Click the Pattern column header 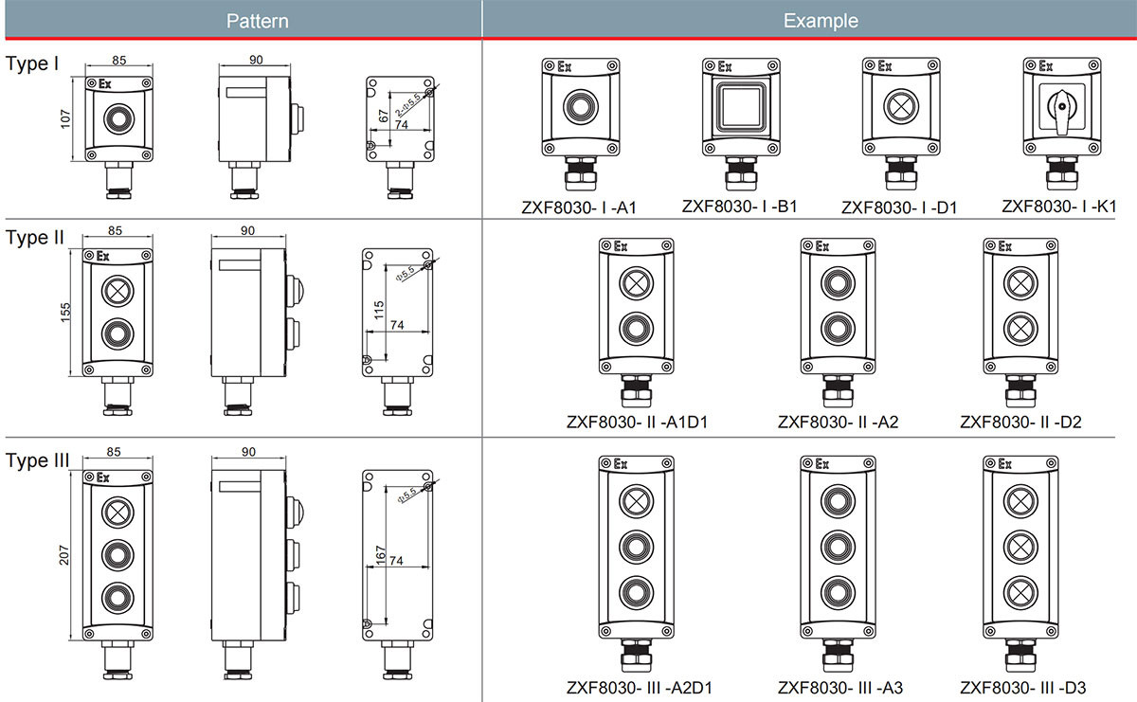(x=258, y=21)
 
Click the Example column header (x=821, y=21)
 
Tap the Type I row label (x=32, y=63)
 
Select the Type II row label (x=34, y=238)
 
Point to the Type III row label (x=37, y=460)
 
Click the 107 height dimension (x=65, y=118)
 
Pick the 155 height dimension (x=65, y=313)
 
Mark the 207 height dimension (x=64, y=555)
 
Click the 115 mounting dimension (x=379, y=310)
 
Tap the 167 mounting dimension (x=380, y=555)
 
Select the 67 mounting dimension (x=383, y=117)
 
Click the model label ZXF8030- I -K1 (x=1059, y=207)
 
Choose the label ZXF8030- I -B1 (x=740, y=207)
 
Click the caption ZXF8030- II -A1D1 (x=637, y=422)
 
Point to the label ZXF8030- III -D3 (x=1022, y=688)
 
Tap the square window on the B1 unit (x=741, y=107)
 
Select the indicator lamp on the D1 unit (x=901, y=107)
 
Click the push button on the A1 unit (x=581, y=107)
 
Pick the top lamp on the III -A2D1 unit (x=637, y=501)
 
